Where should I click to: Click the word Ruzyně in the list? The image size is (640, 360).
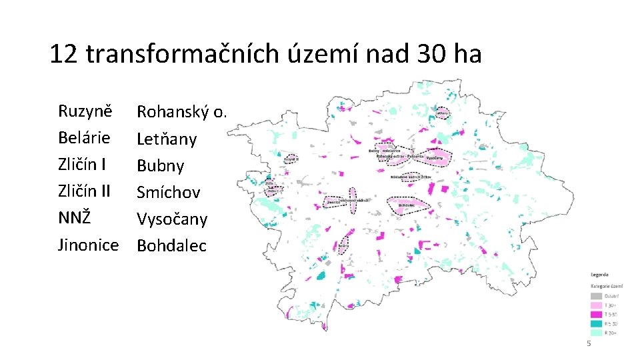(85, 111)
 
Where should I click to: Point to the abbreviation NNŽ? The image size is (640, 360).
(75, 219)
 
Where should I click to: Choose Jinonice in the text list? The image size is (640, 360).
(88, 245)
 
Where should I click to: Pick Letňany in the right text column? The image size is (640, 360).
(167, 139)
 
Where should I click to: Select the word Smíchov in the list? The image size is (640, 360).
(168, 193)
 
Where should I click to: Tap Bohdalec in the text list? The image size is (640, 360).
(171, 246)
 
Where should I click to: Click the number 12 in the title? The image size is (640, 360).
(64, 54)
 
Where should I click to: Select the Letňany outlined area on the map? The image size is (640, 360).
(441, 113)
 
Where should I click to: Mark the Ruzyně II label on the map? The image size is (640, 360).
(291, 160)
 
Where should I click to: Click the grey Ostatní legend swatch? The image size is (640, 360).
(596, 296)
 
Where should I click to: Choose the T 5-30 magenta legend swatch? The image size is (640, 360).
(596, 314)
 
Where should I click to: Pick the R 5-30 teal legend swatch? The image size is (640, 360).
(596, 323)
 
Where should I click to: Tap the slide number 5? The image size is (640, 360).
(588, 343)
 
